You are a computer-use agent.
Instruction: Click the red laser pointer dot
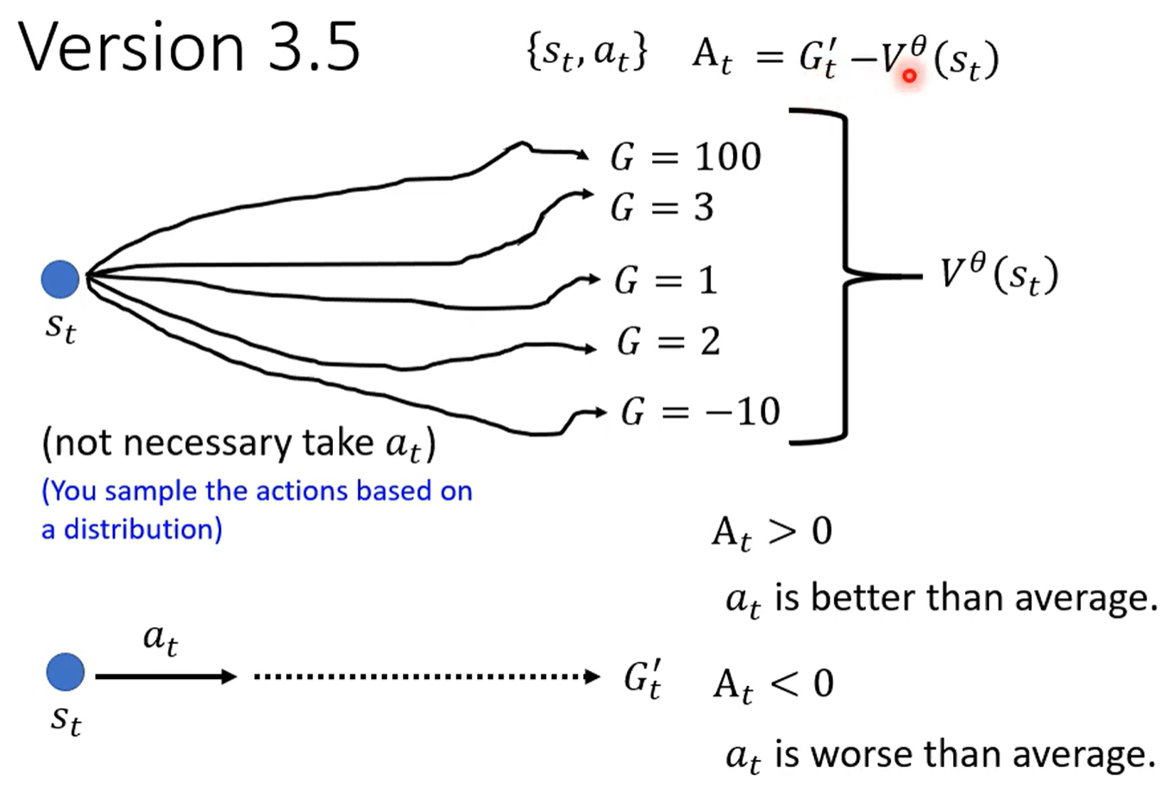[909, 76]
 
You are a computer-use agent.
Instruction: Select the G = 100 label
[686, 157]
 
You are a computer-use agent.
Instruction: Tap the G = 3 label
[662, 208]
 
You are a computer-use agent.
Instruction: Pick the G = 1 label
[665, 280]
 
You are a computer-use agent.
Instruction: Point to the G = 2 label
[668, 342]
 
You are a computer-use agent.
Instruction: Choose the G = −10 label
[699, 412]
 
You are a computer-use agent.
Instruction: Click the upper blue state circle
[60, 278]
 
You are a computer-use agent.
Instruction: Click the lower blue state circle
[66, 672]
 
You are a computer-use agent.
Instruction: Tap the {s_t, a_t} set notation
[586, 53]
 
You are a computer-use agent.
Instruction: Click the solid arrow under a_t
[165, 676]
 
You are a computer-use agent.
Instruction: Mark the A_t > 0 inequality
[771, 531]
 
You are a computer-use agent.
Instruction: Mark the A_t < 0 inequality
[773, 685]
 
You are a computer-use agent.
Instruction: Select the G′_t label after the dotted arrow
[643, 678]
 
